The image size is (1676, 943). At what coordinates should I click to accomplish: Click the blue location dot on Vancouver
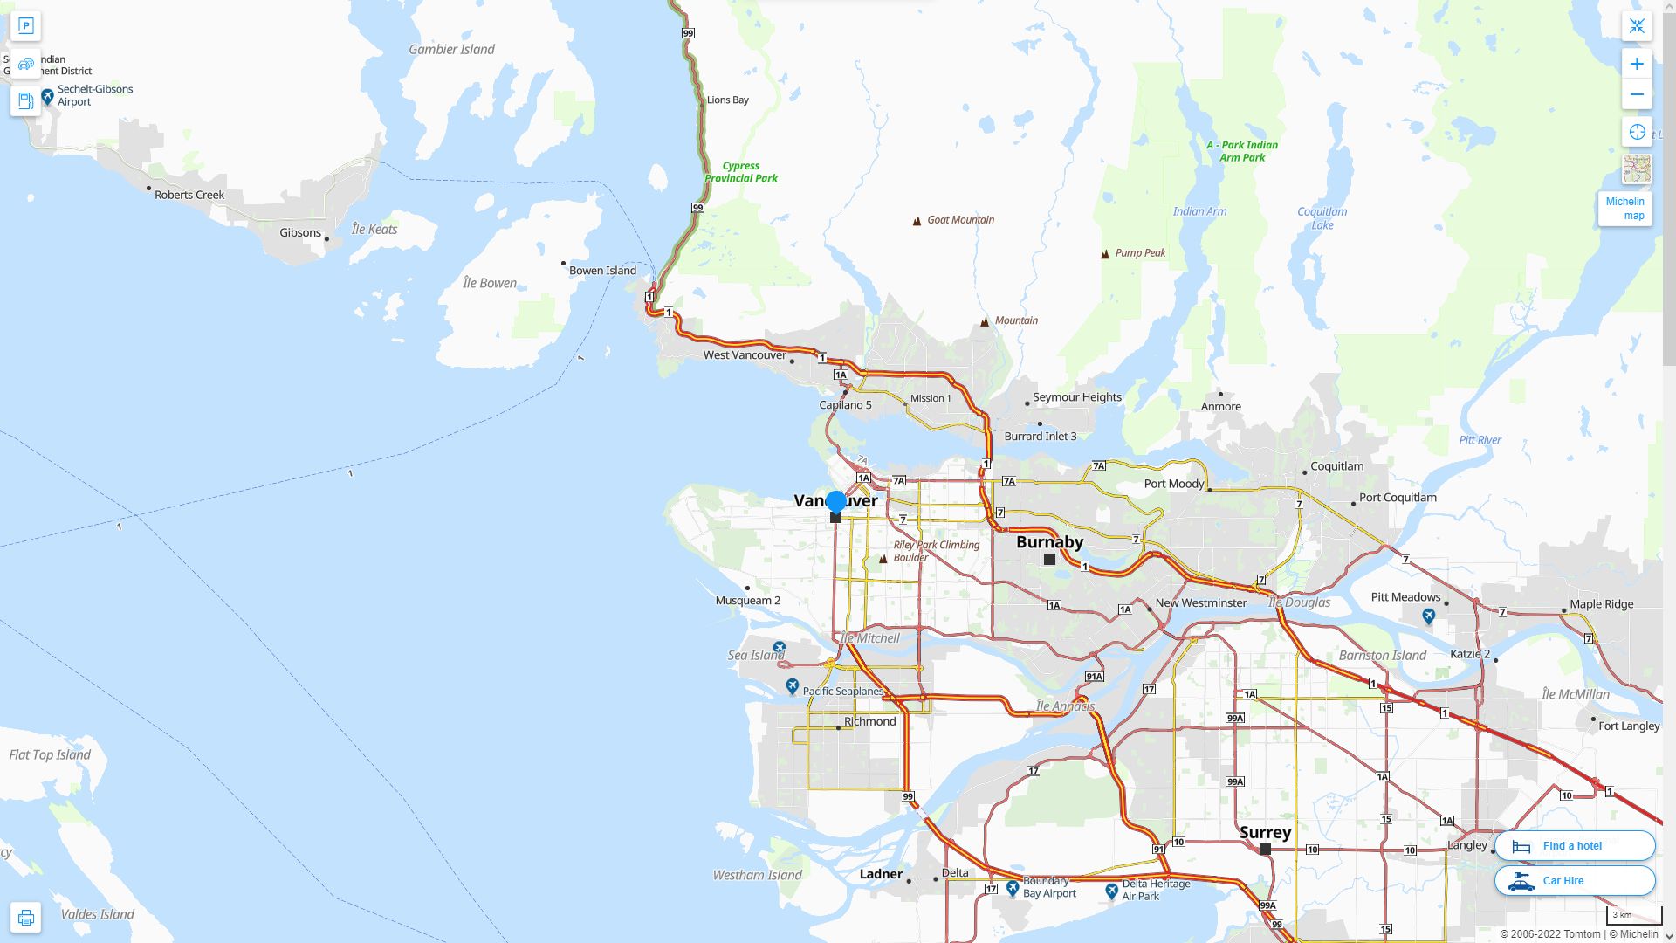[835, 501]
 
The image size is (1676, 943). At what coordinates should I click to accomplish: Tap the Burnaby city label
[1049, 542]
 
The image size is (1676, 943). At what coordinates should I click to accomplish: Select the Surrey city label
[1265, 832]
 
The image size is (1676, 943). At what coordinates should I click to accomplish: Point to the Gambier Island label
[451, 50]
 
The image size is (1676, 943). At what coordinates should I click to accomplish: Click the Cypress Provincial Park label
[741, 172]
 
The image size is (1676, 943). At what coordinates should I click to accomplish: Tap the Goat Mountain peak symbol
[917, 221]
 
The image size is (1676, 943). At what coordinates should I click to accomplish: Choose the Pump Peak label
[1140, 253]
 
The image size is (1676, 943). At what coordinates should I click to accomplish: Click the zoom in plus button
[1637, 64]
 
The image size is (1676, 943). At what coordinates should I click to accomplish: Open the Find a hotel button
[1574, 846]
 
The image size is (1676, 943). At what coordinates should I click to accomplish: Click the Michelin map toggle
[1624, 209]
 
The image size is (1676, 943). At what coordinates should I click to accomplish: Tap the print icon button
[25, 918]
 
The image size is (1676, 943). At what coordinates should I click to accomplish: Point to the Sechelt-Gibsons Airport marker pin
[48, 95]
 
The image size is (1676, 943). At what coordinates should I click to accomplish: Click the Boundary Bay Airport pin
[1013, 888]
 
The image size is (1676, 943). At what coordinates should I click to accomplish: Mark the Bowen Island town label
[602, 271]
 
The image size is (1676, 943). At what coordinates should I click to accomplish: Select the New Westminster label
[1200, 603]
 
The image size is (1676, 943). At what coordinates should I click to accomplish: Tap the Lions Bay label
[727, 100]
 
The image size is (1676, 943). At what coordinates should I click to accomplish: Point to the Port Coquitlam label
[1397, 498]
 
